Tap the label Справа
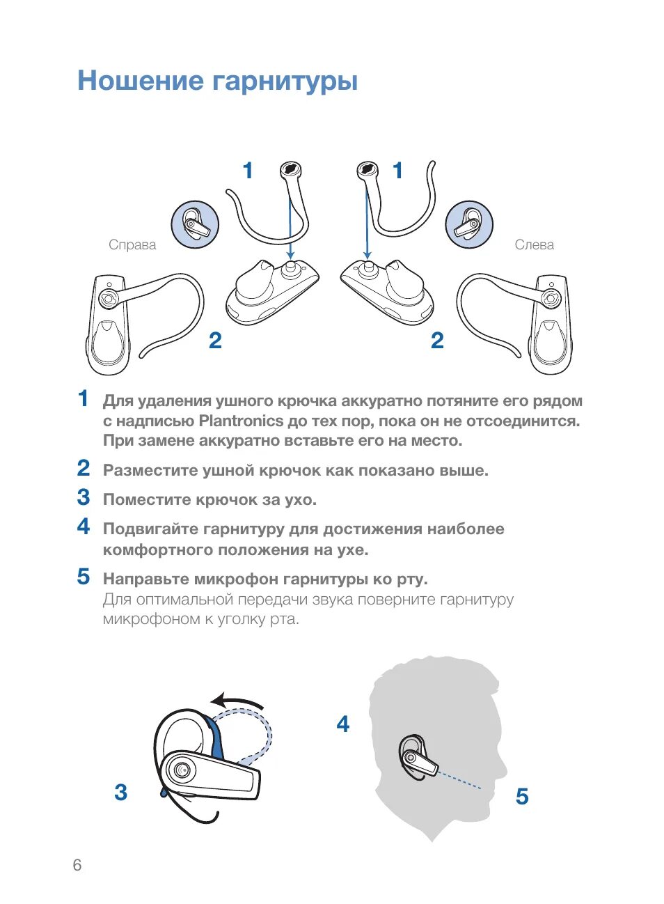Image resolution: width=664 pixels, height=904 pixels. point(132,245)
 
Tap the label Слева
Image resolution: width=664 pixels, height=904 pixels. point(535,245)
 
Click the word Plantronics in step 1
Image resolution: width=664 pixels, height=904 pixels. point(241,421)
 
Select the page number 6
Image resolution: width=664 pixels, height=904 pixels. point(77,865)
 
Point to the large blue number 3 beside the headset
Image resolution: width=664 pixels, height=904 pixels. point(121,793)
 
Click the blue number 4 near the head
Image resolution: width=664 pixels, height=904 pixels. point(342,724)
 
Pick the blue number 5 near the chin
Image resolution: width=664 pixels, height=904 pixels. point(522,797)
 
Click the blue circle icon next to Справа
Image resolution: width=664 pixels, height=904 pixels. point(196,225)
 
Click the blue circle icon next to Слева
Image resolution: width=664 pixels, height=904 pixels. point(469,225)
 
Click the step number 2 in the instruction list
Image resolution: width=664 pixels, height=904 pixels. point(84,468)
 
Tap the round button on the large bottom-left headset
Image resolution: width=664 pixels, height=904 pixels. point(182,770)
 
